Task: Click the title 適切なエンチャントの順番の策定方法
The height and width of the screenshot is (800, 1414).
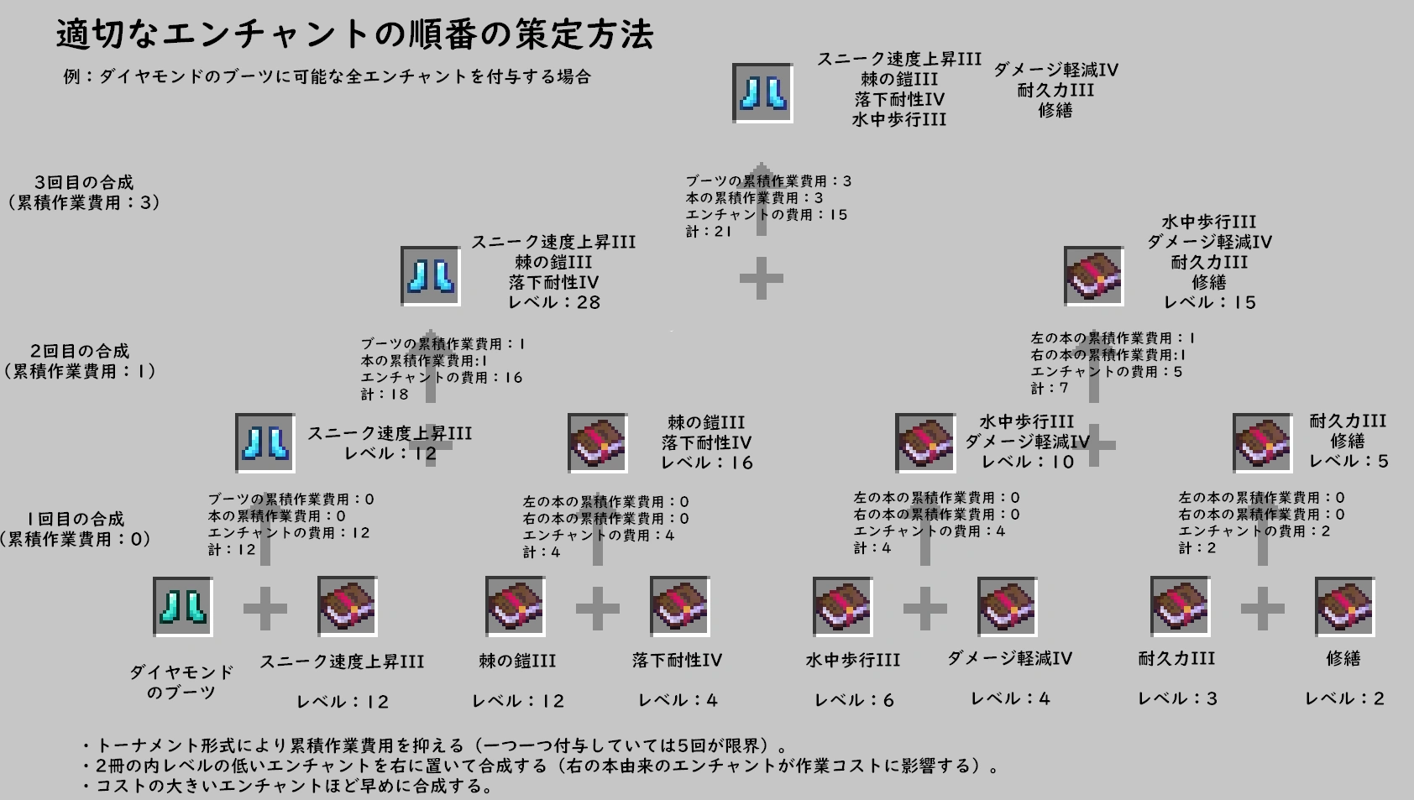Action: coord(354,35)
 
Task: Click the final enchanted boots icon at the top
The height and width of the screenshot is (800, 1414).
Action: coord(762,93)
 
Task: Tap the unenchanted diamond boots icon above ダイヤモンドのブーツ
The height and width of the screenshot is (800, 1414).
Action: coord(183,606)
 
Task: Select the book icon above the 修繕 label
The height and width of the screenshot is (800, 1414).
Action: coord(1343,606)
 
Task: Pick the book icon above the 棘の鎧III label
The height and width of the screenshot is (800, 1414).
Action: coord(516,606)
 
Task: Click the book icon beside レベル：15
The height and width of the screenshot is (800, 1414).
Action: coord(1093,275)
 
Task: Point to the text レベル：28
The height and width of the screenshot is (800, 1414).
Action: coord(554,302)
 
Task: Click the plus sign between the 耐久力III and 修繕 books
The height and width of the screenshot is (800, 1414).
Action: coord(1262,607)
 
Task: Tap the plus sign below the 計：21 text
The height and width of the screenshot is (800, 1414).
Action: coord(762,279)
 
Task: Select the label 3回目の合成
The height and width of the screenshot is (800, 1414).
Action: coord(84,182)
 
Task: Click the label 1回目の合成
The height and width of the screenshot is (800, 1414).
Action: coord(76,519)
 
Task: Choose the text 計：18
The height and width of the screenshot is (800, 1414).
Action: coord(385,395)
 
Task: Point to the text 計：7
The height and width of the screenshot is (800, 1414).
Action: coord(1050,388)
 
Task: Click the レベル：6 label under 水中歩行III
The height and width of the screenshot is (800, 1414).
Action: coord(854,700)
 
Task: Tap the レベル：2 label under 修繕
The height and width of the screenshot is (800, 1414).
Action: coord(1344,698)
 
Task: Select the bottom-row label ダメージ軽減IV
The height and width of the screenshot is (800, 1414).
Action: coord(1010,659)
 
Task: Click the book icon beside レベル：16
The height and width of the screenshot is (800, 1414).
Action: coord(597,442)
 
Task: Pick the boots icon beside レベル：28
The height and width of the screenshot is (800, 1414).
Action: coord(430,275)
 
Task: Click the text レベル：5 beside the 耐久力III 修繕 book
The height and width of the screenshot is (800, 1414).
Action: coord(1349,461)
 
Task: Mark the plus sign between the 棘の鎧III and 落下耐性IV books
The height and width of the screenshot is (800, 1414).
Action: coord(597,607)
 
